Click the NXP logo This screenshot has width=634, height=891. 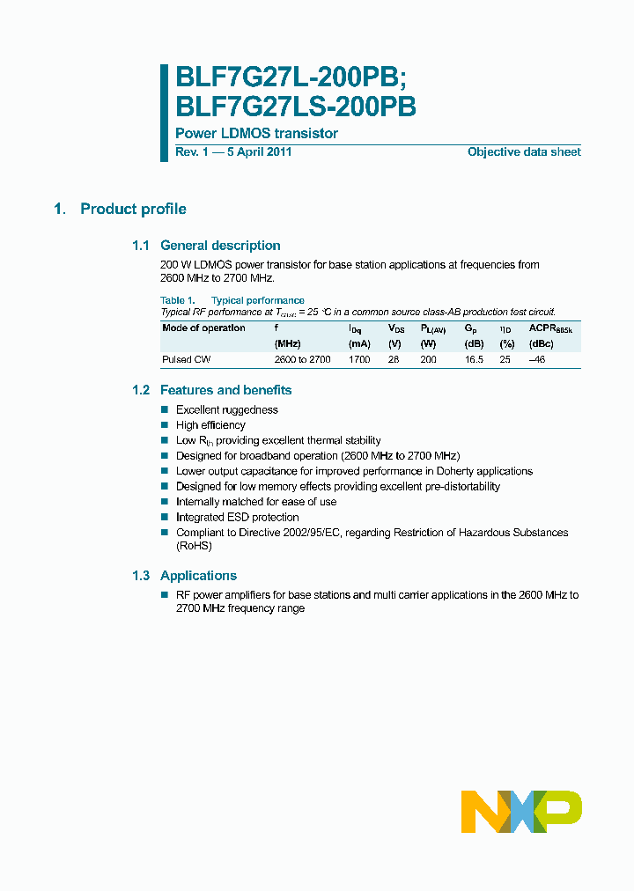point(521,811)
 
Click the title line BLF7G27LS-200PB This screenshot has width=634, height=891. point(296,107)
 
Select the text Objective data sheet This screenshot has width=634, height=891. point(524,152)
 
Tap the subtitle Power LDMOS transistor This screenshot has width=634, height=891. point(256,134)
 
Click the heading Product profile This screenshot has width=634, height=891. point(133,210)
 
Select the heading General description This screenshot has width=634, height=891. point(220,246)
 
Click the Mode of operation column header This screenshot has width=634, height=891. point(203,328)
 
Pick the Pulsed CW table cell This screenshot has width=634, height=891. point(186,360)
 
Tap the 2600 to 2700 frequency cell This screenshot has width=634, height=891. point(302,360)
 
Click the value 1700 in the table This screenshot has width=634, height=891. point(359,360)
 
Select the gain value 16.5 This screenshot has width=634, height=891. point(474,360)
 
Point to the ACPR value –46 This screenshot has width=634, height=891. point(537,360)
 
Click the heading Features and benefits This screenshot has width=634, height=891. point(225,390)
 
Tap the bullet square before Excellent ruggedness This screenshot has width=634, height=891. point(165,410)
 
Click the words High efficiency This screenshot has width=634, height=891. point(210,425)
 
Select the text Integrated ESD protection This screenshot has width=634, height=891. point(237,518)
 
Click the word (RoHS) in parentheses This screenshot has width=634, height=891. point(194,546)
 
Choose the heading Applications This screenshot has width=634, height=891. point(198,576)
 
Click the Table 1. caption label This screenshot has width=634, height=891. point(173,301)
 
